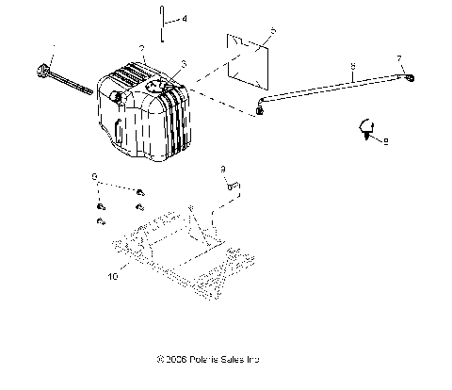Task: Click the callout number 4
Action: [185, 19]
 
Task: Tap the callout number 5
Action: [273, 32]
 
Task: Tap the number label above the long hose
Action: [352, 67]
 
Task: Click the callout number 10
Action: [113, 278]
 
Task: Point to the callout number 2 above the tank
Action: [141, 48]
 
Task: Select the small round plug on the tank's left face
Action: [117, 97]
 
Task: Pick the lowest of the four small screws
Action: [100, 221]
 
